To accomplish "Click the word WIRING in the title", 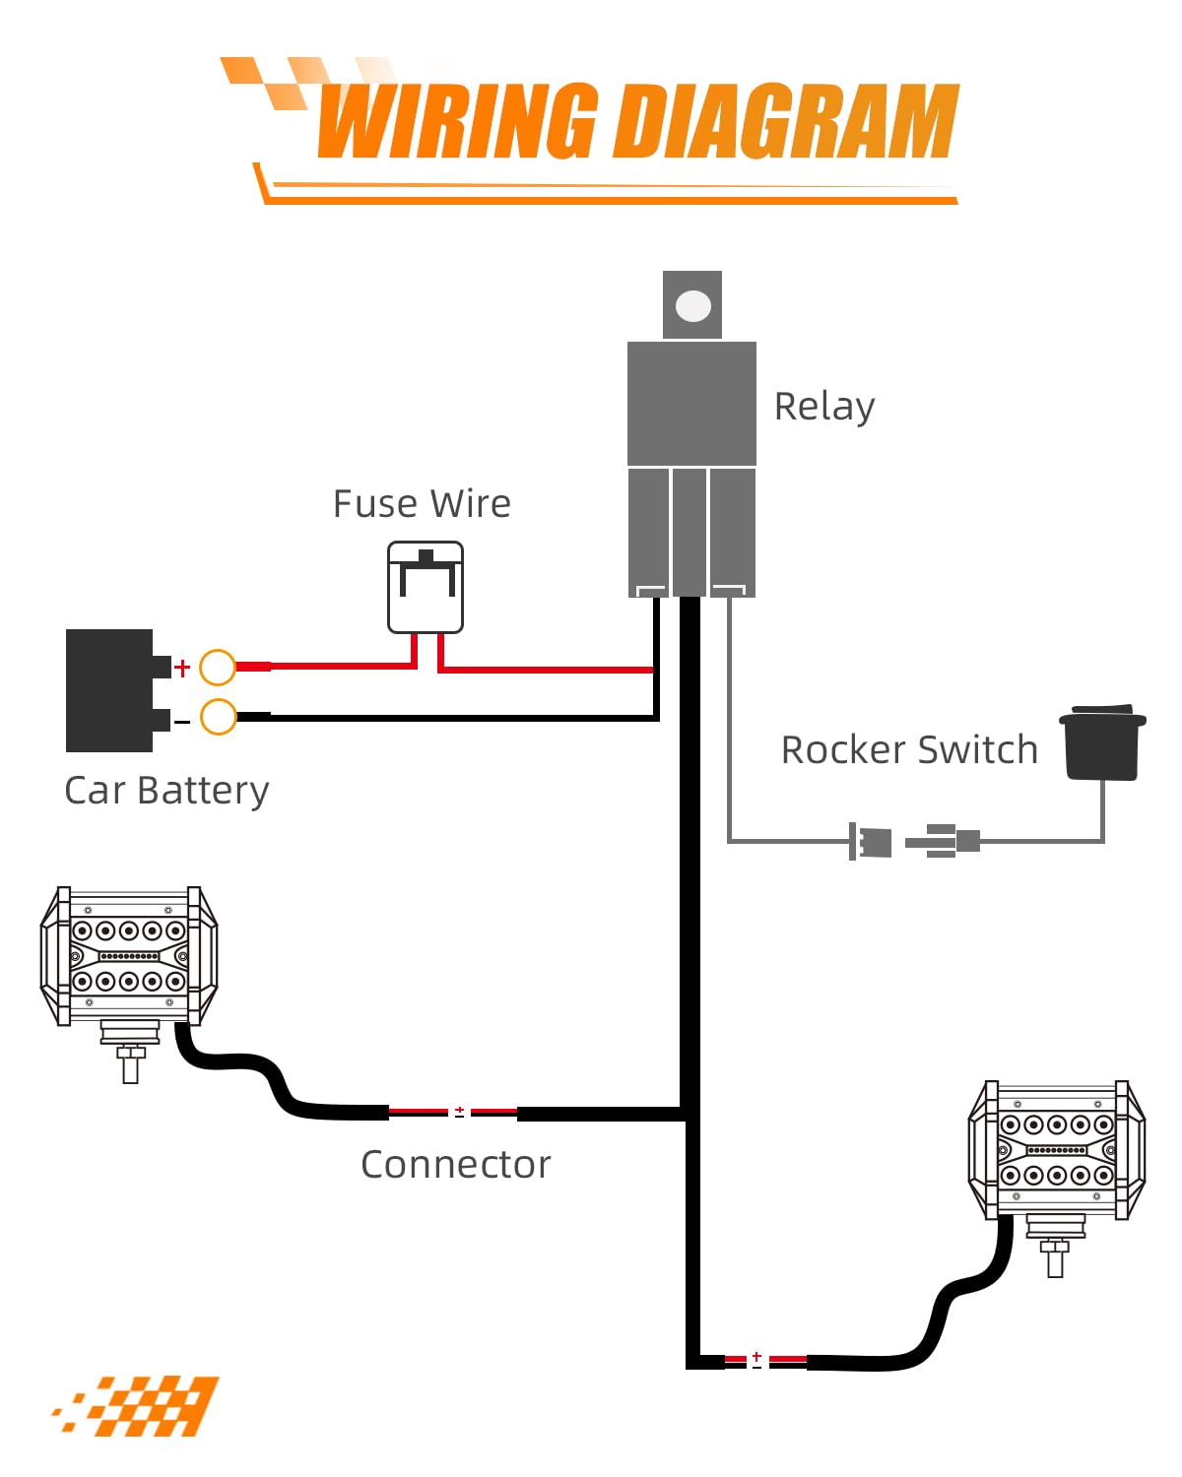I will click(x=458, y=122).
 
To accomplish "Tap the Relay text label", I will click(x=824, y=406).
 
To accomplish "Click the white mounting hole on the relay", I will click(x=693, y=306).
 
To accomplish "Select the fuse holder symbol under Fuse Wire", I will click(x=426, y=587).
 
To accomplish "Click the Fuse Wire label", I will click(x=422, y=503).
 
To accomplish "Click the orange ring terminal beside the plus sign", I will click(x=218, y=668).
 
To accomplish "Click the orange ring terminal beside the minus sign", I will click(x=218, y=717).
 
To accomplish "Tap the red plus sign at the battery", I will click(x=182, y=669).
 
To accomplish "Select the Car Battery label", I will click(x=166, y=791).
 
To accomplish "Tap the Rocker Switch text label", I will click(x=909, y=749).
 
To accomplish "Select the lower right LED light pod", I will click(x=1057, y=1151).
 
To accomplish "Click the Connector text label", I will click(x=455, y=1164).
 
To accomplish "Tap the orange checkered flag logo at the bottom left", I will click(x=138, y=1405).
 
